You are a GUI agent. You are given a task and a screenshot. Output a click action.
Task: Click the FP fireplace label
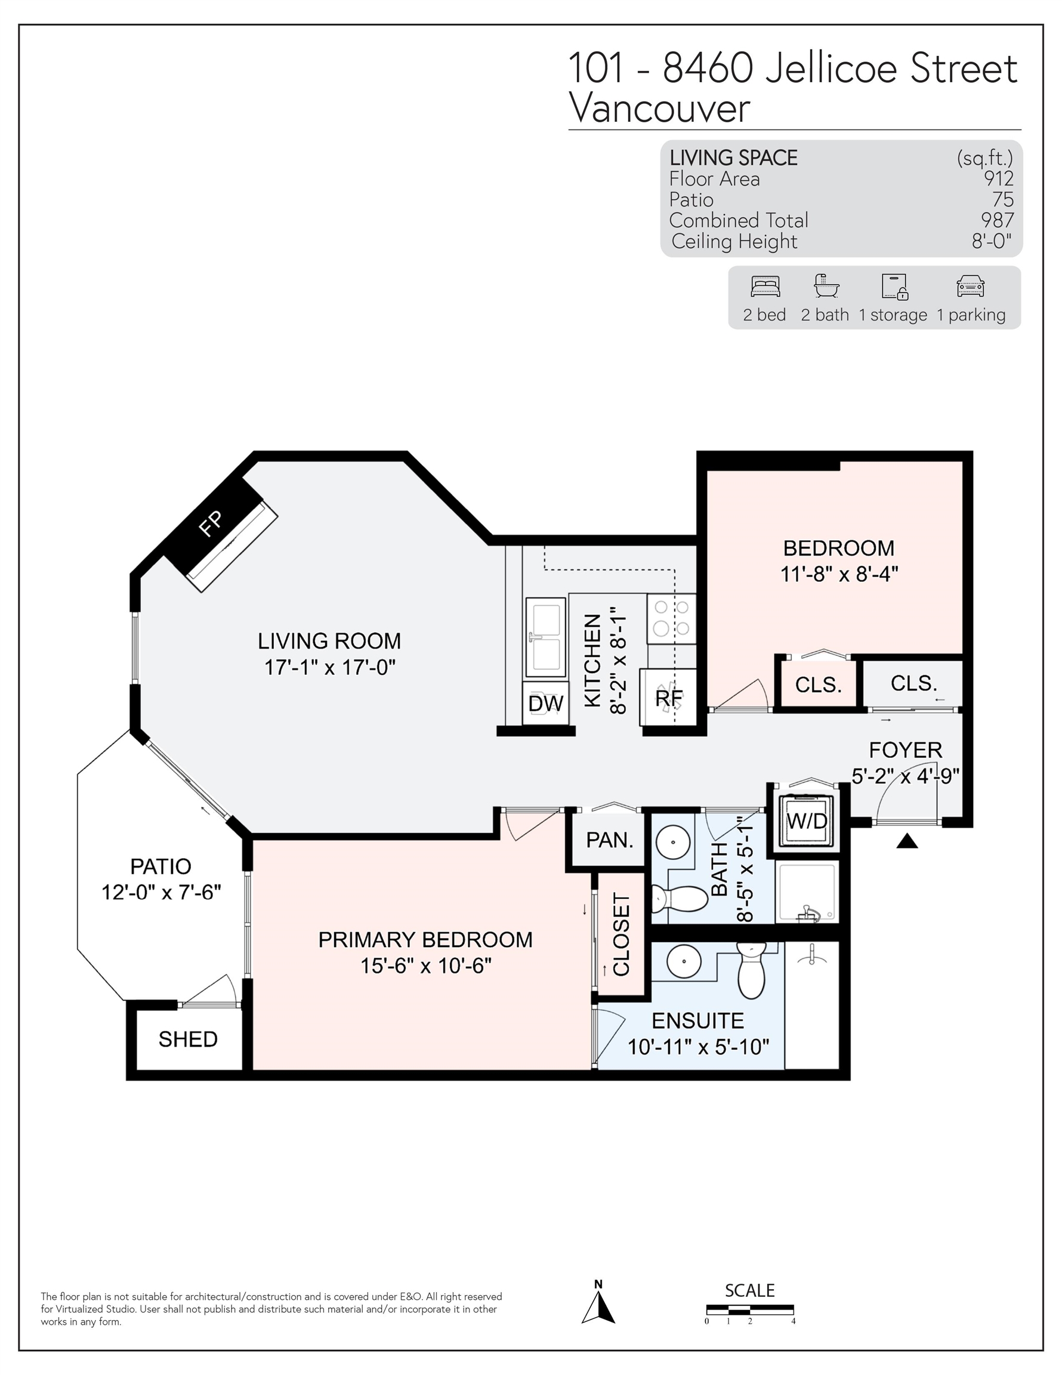[x=210, y=523]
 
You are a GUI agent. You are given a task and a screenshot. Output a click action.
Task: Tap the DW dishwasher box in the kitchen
[x=546, y=702]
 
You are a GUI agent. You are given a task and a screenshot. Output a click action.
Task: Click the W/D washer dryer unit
[x=807, y=821]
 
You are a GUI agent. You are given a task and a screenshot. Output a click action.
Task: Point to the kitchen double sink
[x=545, y=637]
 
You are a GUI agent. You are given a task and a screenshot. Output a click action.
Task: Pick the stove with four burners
[x=672, y=618]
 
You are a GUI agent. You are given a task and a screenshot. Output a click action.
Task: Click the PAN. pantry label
[x=609, y=839]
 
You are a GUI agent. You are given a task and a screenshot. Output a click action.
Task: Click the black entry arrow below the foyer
[x=906, y=840]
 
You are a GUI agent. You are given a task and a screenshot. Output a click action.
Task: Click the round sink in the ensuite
[x=684, y=963]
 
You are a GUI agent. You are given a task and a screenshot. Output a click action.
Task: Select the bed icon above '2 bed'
[x=765, y=286]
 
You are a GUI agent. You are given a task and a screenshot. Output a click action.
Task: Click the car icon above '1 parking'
[x=970, y=286]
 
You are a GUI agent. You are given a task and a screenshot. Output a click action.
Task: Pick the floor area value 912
[x=998, y=179]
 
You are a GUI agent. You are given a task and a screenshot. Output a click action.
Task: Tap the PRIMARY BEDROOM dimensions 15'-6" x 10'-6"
[x=425, y=966]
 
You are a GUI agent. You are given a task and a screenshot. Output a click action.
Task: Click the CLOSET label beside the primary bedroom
[x=620, y=935]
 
